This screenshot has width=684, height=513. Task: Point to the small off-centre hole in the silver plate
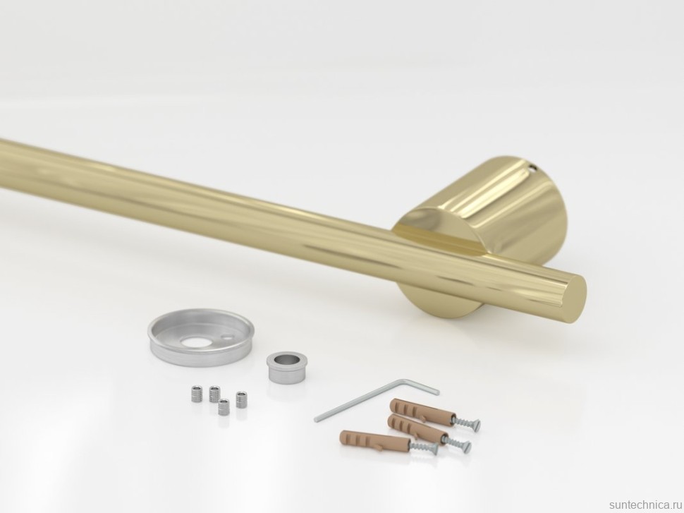tap(228, 337)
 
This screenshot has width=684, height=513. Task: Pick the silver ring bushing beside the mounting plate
tap(284, 368)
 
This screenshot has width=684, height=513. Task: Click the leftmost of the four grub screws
tap(196, 394)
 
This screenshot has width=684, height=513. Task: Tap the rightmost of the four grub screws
tap(241, 399)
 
